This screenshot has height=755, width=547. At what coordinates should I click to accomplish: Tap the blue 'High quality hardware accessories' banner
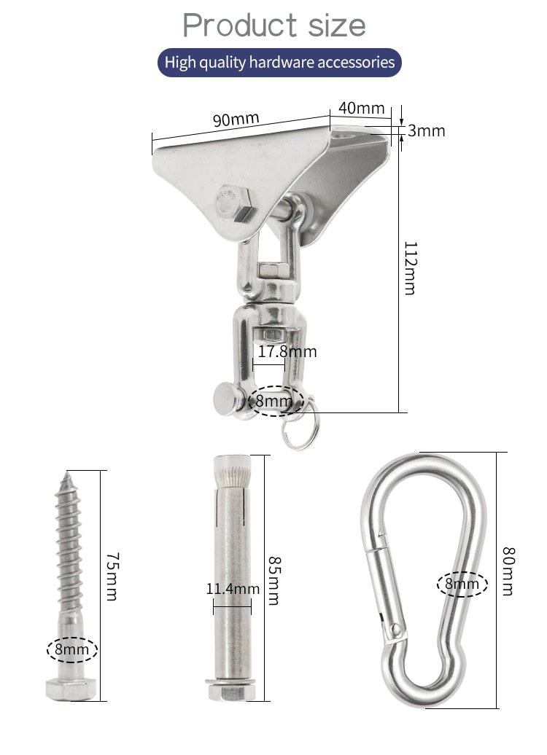coord(279,63)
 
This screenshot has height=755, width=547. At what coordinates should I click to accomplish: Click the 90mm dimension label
coord(236,119)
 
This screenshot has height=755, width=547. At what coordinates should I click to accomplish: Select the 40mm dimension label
coord(361,108)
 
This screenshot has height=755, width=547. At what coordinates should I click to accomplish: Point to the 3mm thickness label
coord(426,131)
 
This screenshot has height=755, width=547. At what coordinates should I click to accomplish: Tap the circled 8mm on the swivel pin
coord(273,400)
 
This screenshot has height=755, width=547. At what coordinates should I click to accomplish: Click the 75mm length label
coord(112,576)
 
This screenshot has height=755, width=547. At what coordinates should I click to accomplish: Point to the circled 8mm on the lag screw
coord(72,649)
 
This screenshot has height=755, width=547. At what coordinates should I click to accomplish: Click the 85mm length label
coord(273,580)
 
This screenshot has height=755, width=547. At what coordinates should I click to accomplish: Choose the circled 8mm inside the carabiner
coord(462,584)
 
